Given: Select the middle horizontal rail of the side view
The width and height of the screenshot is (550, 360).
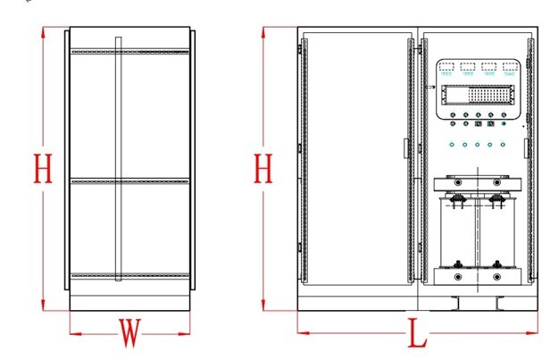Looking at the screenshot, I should coord(129,181).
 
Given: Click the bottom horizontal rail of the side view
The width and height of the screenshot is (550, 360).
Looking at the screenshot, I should coord(129,273).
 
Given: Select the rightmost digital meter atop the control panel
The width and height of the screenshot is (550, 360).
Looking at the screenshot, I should coord(510,67).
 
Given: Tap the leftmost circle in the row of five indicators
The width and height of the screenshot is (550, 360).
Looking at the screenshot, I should coord(453,144).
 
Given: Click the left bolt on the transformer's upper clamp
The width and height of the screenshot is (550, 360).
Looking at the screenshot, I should coord(458,181).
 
